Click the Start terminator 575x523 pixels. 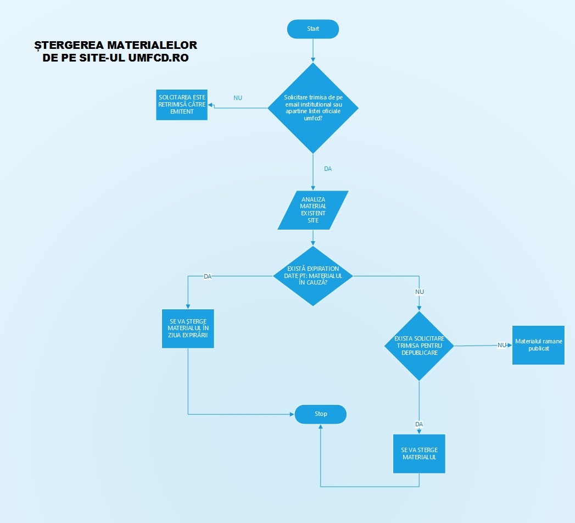[313, 29]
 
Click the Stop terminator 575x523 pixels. [321, 414]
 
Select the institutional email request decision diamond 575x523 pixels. [313, 108]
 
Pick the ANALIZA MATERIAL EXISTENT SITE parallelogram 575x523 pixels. [313, 210]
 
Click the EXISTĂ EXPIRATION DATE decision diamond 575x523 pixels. [313, 276]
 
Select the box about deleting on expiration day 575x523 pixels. [188, 329]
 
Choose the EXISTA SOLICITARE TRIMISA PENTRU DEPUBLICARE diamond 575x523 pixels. [419, 346]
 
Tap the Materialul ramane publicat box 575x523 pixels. [538, 344]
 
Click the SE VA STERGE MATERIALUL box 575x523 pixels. [419, 454]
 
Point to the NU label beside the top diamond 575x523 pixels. [238, 98]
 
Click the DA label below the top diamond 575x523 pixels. [328, 169]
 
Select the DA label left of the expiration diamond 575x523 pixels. [208, 276]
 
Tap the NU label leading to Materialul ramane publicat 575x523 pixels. [501, 345]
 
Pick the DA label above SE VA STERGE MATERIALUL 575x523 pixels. [419, 424]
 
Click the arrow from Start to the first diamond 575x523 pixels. [313, 49]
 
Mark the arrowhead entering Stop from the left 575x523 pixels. [292, 414]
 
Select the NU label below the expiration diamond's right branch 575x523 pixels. [420, 291]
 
